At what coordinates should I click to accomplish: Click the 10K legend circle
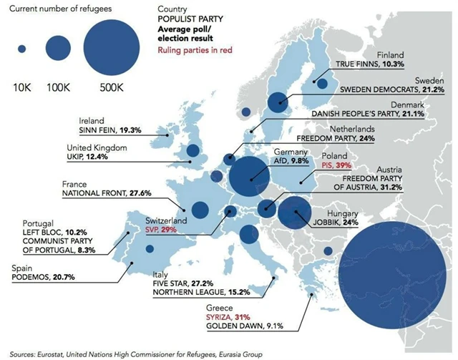21,49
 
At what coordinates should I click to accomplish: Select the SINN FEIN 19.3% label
110,130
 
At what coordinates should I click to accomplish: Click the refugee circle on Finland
323,84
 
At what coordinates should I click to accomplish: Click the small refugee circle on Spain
150,248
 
